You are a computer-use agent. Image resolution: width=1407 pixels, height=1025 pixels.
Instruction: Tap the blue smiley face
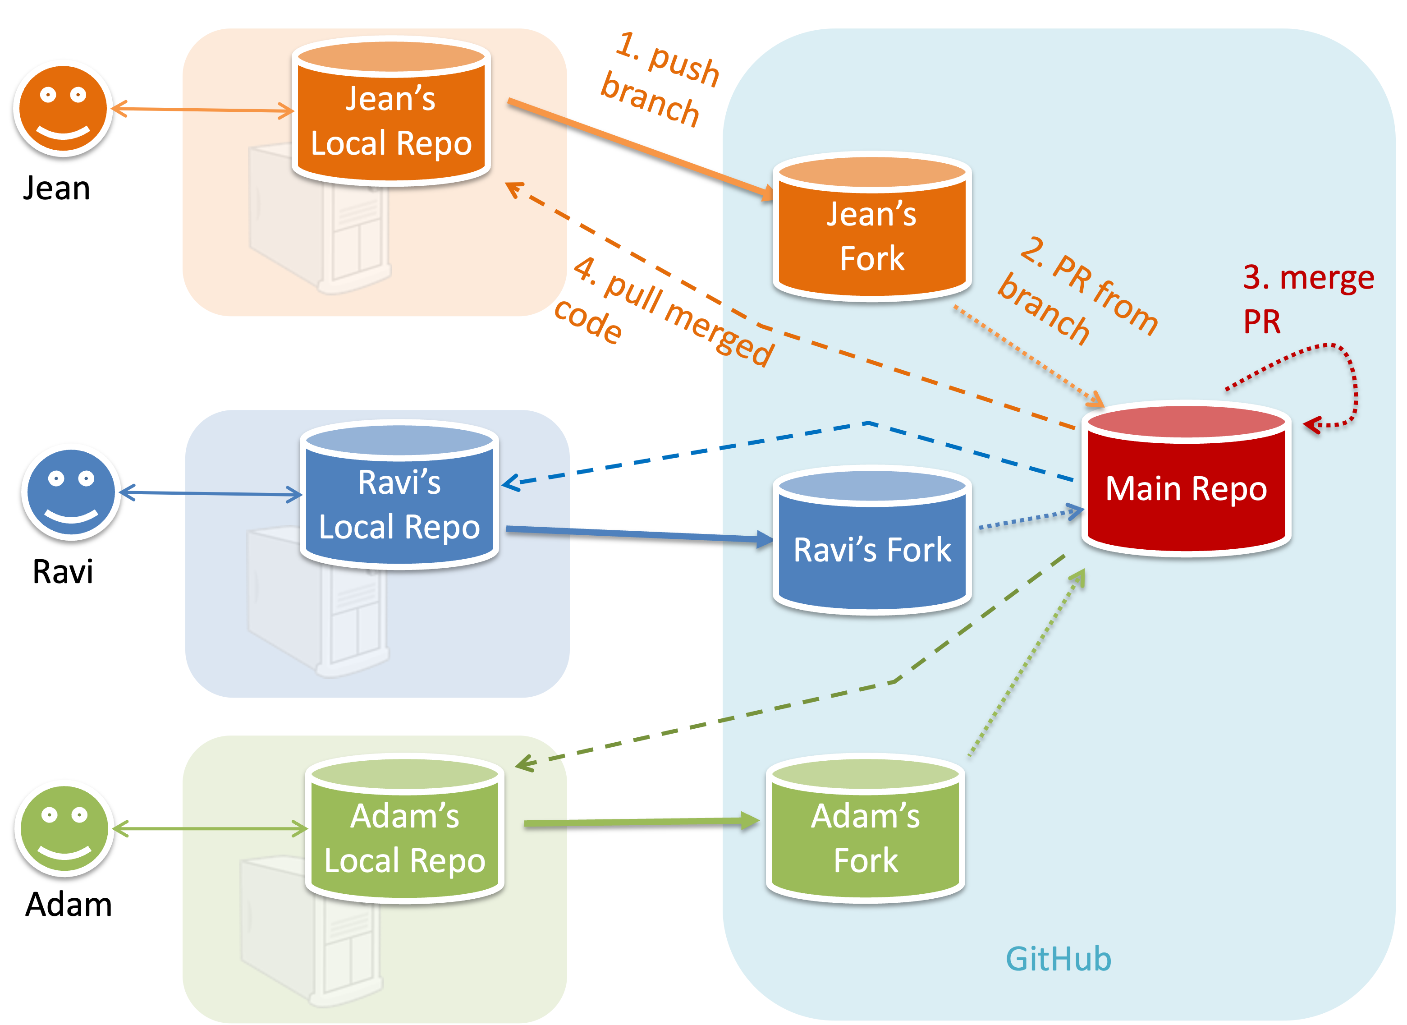point(71,492)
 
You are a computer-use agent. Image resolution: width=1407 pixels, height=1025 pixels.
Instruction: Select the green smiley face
point(64,828)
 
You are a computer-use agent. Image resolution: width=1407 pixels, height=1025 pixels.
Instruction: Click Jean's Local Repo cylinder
point(391,118)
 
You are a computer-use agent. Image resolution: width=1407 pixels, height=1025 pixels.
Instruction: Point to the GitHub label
point(1059,959)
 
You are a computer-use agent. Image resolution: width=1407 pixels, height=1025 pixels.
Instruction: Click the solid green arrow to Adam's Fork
point(639,823)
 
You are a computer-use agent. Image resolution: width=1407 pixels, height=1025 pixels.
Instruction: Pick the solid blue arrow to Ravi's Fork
point(639,533)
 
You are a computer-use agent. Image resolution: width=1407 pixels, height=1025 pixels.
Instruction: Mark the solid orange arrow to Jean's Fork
point(639,149)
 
